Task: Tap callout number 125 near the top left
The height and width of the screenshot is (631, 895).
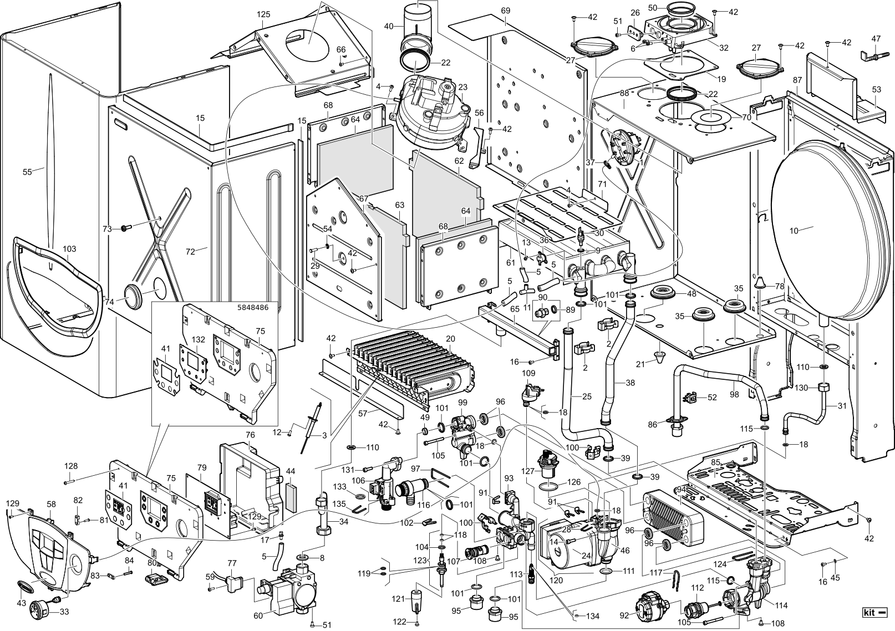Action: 263,14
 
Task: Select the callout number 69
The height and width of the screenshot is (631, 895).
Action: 505,11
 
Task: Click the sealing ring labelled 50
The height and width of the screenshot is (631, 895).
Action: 680,10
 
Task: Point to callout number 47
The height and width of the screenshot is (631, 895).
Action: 876,39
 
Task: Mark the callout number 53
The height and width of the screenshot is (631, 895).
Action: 876,90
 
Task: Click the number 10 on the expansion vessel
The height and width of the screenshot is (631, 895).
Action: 794,231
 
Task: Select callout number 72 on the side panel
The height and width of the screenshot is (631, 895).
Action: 190,252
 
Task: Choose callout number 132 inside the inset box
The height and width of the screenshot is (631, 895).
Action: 198,339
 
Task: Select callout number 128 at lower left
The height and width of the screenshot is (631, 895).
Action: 71,467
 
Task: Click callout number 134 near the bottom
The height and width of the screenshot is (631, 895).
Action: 593,617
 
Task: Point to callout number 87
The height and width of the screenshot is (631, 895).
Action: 797,80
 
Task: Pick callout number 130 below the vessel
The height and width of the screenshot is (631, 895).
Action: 801,388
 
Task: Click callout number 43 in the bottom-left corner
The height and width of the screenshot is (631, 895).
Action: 22,603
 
